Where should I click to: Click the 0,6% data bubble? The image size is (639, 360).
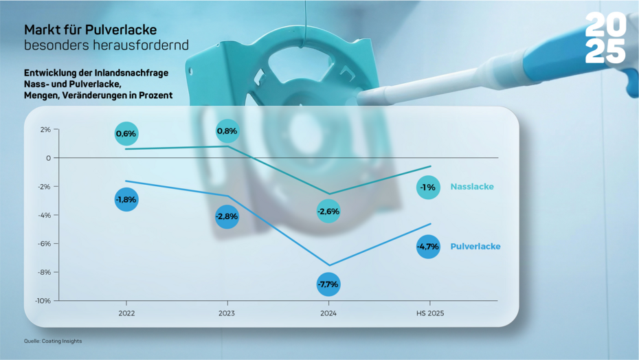126,133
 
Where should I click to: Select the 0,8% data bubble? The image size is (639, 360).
227,131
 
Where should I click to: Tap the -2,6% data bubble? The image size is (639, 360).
328,211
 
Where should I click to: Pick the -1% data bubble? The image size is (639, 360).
428,187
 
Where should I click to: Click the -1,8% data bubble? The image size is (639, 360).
126,199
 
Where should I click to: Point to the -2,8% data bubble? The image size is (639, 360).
227,216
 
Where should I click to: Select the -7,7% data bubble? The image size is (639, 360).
328,284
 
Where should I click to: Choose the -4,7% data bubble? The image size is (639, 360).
428,247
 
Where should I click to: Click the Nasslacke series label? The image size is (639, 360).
472,187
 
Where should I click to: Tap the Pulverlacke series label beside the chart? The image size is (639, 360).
475,247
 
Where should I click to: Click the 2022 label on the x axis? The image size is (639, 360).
126,313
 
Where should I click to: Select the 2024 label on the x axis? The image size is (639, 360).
328,313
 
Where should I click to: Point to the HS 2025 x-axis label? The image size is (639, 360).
429,313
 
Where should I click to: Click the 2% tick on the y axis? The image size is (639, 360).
45,129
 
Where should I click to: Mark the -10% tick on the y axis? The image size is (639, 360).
43,300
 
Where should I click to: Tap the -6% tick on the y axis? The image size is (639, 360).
44,243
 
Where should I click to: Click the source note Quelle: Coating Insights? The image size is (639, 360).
53,341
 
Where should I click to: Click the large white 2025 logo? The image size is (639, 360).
605,39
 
